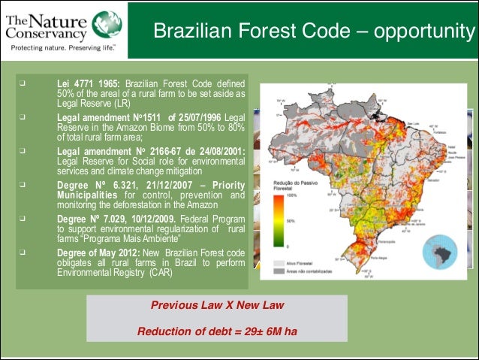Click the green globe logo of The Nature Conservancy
pyautogui.click(x=102, y=21)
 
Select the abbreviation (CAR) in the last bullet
pyautogui.click(x=158, y=273)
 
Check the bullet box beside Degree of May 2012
pyautogui.click(x=23, y=255)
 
